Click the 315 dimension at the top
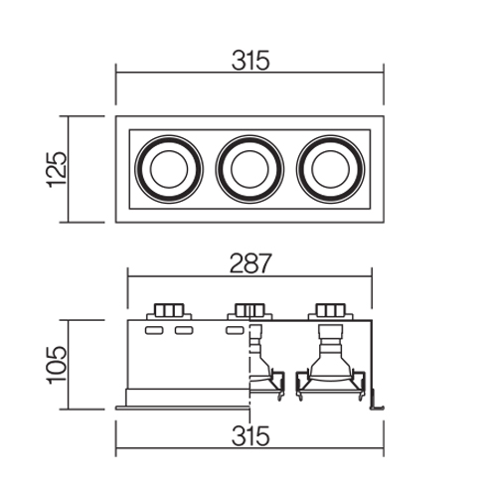coord(250,61)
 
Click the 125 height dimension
coord(57,169)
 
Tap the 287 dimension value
coord(250,263)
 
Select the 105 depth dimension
coord(57,365)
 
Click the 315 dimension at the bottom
coord(250,436)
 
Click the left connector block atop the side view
coord(169,311)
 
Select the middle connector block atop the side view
coord(249,311)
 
